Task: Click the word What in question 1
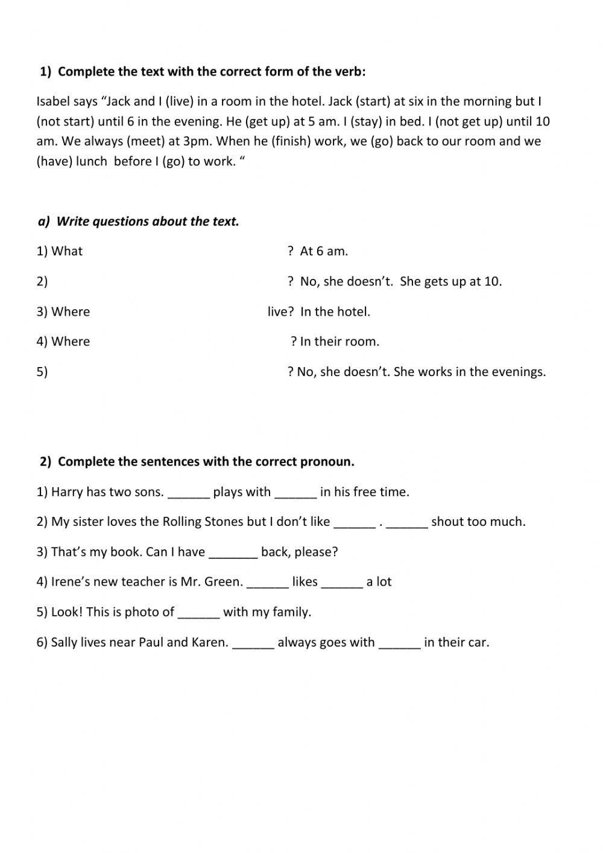point(67,251)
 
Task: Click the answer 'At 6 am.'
point(324,251)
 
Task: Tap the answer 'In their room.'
point(339,342)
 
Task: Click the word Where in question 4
point(71,342)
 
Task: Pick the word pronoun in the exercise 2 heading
point(329,462)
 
